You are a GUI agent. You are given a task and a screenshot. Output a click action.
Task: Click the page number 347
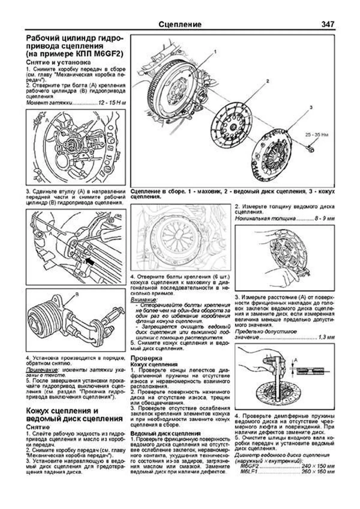(327, 24)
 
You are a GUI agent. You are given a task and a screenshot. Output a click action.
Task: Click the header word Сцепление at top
(180, 25)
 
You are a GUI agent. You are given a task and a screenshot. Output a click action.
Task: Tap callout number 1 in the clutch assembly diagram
(215, 52)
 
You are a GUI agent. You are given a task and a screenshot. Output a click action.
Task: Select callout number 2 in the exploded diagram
(267, 81)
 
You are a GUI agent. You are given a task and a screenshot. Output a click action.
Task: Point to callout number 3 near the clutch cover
(311, 107)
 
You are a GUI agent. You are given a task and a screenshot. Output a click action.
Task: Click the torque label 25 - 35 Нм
(317, 135)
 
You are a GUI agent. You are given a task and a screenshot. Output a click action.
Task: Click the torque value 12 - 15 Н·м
(112, 103)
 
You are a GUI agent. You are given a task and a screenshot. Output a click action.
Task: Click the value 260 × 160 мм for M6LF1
(318, 472)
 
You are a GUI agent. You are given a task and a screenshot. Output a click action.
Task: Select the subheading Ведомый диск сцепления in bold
(166, 433)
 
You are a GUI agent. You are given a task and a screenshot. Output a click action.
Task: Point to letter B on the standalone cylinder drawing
(76, 295)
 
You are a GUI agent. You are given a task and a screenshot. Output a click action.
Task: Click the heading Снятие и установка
(58, 62)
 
